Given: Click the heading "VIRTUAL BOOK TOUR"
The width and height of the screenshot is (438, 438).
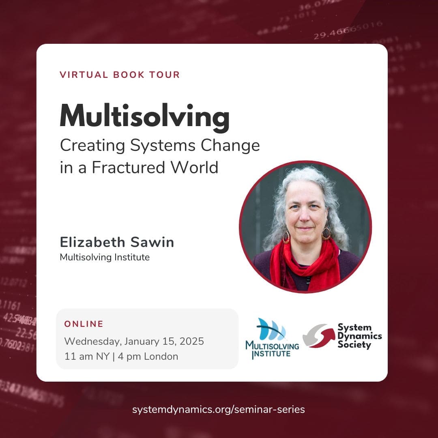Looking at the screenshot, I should point(120,75).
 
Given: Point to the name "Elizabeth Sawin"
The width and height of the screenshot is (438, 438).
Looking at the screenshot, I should point(117,242).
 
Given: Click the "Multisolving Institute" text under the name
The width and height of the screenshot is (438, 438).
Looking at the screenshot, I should point(105,257).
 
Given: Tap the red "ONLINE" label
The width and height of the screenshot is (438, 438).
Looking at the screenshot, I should point(84,324).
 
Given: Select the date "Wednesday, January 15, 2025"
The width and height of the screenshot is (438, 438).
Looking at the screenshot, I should point(134,341).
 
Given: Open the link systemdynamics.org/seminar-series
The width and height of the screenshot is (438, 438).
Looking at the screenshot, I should point(219,409).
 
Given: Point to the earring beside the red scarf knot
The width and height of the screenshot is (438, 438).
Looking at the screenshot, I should point(326,233).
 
